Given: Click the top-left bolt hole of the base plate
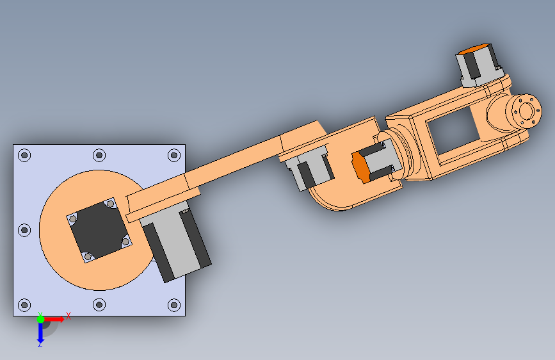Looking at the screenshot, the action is coord(24,155).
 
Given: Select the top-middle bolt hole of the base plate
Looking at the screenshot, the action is coord(99,155).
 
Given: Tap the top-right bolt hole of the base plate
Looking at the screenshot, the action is coord(173,155).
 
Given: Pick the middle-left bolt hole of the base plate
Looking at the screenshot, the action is coord(24,230).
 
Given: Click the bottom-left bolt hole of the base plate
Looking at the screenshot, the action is coord(24,305).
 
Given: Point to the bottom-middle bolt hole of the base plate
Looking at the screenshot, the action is coord(99,305).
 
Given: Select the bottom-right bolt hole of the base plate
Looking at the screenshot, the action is coord(173,305).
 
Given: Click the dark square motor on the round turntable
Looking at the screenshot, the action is coord(99,231).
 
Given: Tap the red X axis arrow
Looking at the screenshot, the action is coord(54,319).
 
